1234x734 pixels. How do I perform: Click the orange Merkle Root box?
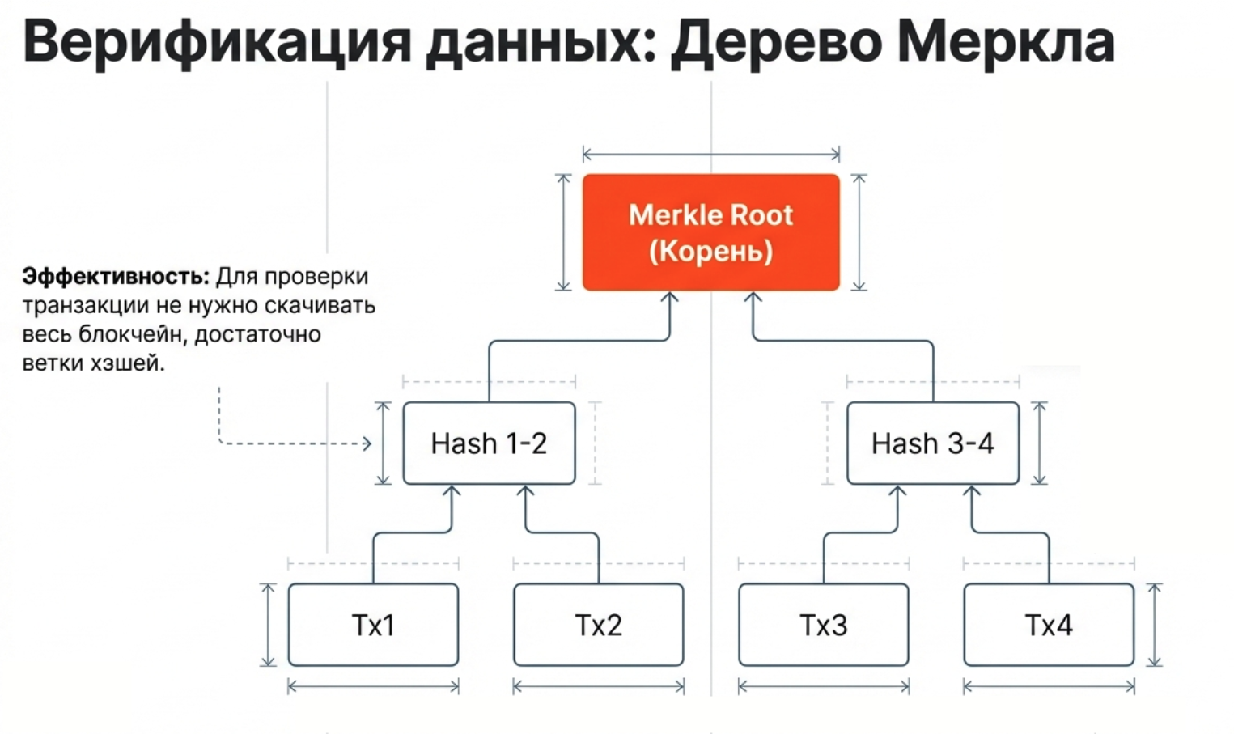pyautogui.click(x=710, y=232)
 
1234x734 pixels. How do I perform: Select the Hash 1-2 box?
pyautogui.click(x=489, y=443)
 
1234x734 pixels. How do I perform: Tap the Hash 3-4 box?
pyautogui.click(x=932, y=443)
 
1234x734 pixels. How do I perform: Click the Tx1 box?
pyautogui.click(x=373, y=625)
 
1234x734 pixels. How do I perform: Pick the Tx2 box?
pyautogui.click(x=598, y=625)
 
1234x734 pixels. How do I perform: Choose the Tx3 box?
pyautogui.click(x=823, y=625)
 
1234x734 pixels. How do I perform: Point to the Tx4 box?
pyautogui.click(x=1048, y=625)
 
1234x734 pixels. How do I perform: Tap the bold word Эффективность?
pyautogui.click(x=116, y=277)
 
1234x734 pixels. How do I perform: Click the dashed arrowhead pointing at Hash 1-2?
pyautogui.click(x=367, y=443)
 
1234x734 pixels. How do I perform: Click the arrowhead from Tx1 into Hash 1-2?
pyautogui.click(x=452, y=490)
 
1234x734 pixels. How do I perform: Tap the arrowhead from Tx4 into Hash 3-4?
pyautogui.click(x=972, y=490)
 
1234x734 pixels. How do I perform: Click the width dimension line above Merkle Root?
pyautogui.click(x=710, y=154)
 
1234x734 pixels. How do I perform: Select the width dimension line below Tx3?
pyautogui.click(x=823, y=687)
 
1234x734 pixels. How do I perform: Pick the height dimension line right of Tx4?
pyautogui.click(x=1155, y=625)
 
